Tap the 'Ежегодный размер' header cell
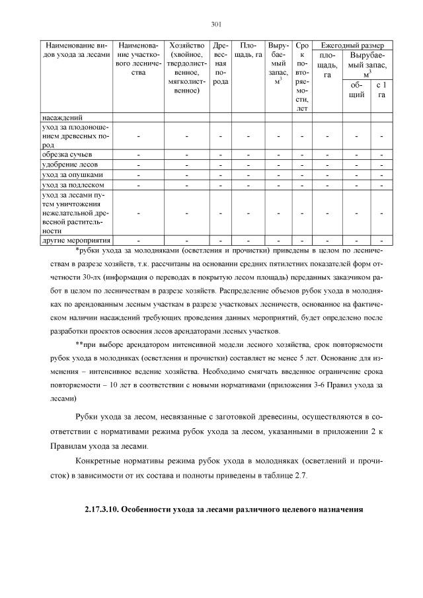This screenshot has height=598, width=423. pyautogui.click(x=352, y=44)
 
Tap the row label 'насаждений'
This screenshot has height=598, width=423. pyautogui.click(x=58, y=118)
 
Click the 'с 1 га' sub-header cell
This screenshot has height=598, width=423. pyautogui.click(x=381, y=90)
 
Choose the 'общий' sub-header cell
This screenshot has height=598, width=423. pyautogui.click(x=357, y=90)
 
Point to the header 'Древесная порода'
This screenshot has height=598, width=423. pyautogui.click(x=221, y=63)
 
